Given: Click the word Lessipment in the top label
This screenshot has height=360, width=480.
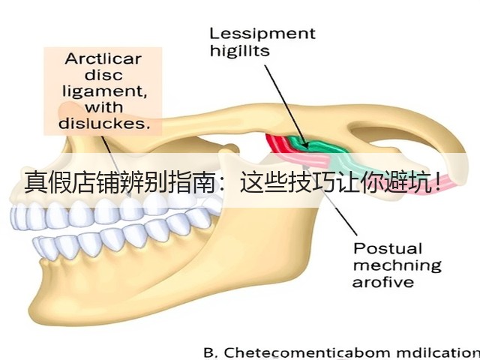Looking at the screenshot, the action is point(262,34).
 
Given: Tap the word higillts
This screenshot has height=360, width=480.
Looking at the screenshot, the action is point(240,50).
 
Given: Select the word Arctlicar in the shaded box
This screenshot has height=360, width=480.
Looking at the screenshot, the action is point(103,58).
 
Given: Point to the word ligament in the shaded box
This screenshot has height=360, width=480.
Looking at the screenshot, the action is point(104,91).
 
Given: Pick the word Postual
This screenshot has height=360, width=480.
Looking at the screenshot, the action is point(388,248).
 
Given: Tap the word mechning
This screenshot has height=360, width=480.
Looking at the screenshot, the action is point(397,265).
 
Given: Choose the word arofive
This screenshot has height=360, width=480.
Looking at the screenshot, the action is point(383,282).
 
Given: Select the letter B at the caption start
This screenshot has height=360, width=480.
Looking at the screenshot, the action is point(209,352).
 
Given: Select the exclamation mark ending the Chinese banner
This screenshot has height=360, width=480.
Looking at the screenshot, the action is point(437,182).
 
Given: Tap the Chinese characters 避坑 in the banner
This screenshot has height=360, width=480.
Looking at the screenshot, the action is point(409,183).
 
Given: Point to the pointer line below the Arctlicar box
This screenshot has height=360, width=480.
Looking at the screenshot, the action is point(116,165).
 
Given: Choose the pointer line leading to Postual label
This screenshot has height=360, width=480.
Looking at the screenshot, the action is point(330,199).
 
